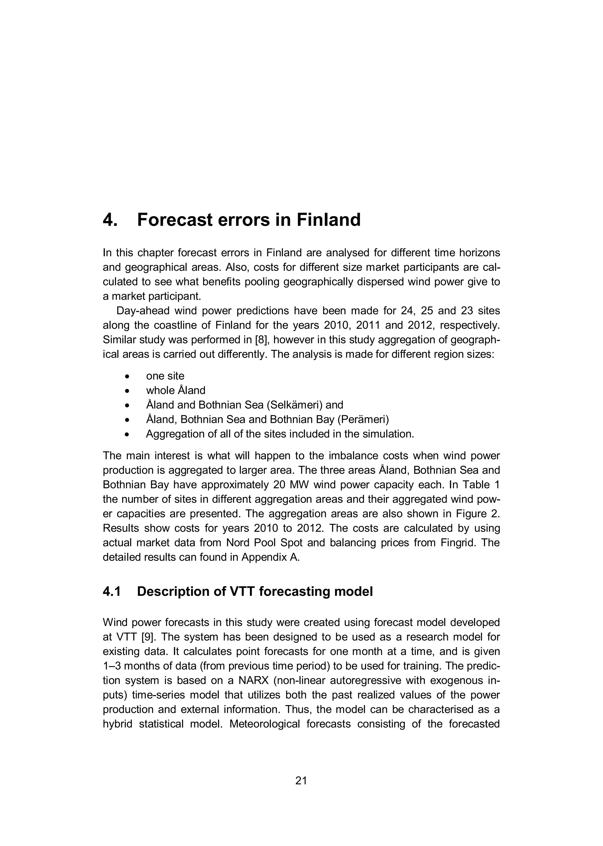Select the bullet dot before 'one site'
pyautogui.click(x=127, y=376)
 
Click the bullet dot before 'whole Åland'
pyautogui.click(x=127, y=391)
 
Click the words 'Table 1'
pyautogui.click(x=482, y=485)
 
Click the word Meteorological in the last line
pyautogui.click(x=264, y=724)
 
